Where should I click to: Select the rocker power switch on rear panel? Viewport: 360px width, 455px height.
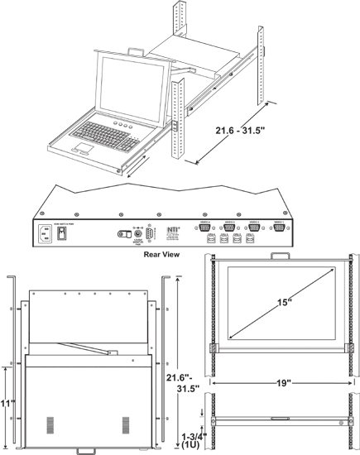[x=62, y=233]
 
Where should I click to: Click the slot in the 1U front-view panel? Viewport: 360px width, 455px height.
[x=277, y=420]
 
